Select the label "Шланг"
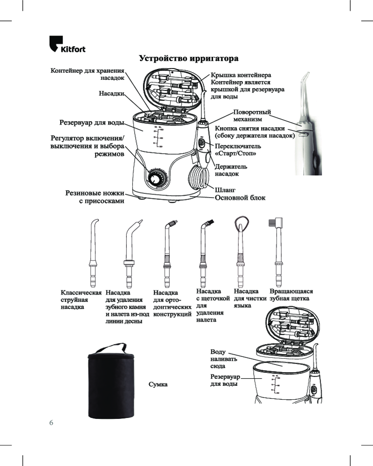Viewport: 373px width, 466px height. coord(225,190)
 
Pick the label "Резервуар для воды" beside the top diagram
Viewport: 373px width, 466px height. coord(92,123)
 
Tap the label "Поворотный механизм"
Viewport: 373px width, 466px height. coord(252,116)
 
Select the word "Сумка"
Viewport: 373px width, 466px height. coord(158,385)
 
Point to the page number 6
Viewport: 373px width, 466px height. coord(51,422)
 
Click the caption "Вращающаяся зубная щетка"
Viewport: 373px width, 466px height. coord(291,295)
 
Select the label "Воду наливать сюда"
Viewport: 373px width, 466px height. coord(224,359)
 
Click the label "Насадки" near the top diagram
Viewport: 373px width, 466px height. coord(111,93)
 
